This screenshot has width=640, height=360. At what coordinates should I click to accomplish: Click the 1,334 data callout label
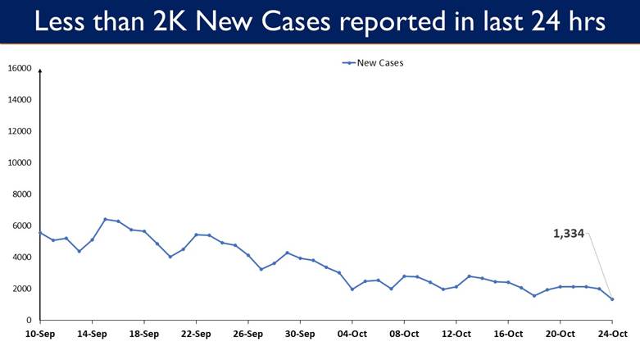tap(569, 234)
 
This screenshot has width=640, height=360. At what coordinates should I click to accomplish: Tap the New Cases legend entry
tap(373, 62)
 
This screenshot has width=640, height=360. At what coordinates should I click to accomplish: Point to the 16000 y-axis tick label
tap(20, 69)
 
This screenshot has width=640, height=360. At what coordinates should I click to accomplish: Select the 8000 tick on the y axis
tap(21, 194)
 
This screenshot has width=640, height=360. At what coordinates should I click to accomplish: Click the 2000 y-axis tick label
tap(21, 289)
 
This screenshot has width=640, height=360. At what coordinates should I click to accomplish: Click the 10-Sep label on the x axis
tap(39, 334)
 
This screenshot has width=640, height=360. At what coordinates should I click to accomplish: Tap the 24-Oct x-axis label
tap(612, 334)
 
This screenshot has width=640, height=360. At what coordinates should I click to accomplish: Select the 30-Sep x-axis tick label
tap(300, 334)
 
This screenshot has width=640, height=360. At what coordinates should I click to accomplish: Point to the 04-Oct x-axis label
tap(352, 334)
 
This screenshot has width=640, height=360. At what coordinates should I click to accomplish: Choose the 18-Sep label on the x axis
tap(143, 334)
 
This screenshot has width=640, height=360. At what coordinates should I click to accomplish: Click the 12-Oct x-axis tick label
tap(456, 334)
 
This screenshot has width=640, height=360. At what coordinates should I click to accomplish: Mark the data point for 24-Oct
tap(612, 299)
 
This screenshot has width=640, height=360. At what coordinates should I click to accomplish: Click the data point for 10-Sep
tap(39, 233)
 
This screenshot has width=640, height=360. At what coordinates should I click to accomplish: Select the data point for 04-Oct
tap(352, 289)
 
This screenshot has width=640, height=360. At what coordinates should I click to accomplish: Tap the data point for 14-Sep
tap(92, 239)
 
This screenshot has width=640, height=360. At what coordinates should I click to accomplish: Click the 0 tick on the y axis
tap(29, 320)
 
